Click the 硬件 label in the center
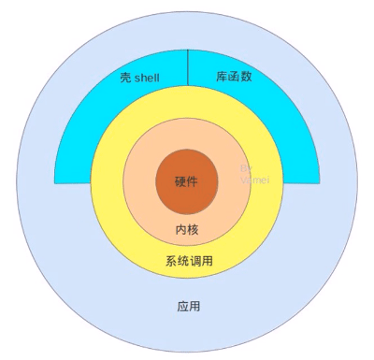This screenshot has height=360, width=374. tap(187, 181)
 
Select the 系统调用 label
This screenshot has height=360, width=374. tap(189, 261)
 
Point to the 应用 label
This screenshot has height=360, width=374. tap(188, 307)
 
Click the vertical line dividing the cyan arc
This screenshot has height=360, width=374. tap(188, 70)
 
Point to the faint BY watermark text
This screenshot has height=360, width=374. tap(247, 168)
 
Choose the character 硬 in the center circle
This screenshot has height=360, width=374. tap(181, 181)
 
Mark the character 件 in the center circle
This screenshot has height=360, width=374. tap(194, 181)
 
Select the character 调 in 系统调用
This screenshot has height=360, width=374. tap(194, 261)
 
